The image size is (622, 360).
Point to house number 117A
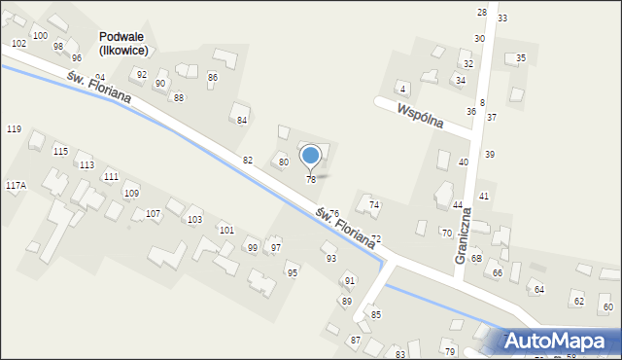click(16, 185)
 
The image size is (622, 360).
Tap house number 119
click(14, 129)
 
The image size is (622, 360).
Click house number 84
click(242, 121)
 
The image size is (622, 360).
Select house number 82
click(248, 160)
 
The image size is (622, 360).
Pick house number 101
click(225, 231)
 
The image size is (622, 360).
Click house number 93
click(330, 258)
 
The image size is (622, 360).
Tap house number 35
click(521, 58)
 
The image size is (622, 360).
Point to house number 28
click(481, 12)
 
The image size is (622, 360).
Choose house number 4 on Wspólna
click(402, 90)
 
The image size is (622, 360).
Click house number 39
click(490, 155)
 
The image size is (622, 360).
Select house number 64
click(539, 290)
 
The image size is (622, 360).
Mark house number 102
click(18, 44)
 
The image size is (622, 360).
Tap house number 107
click(153, 213)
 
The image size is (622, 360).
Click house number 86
click(213, 77)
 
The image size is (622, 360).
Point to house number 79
click(449, 351)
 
